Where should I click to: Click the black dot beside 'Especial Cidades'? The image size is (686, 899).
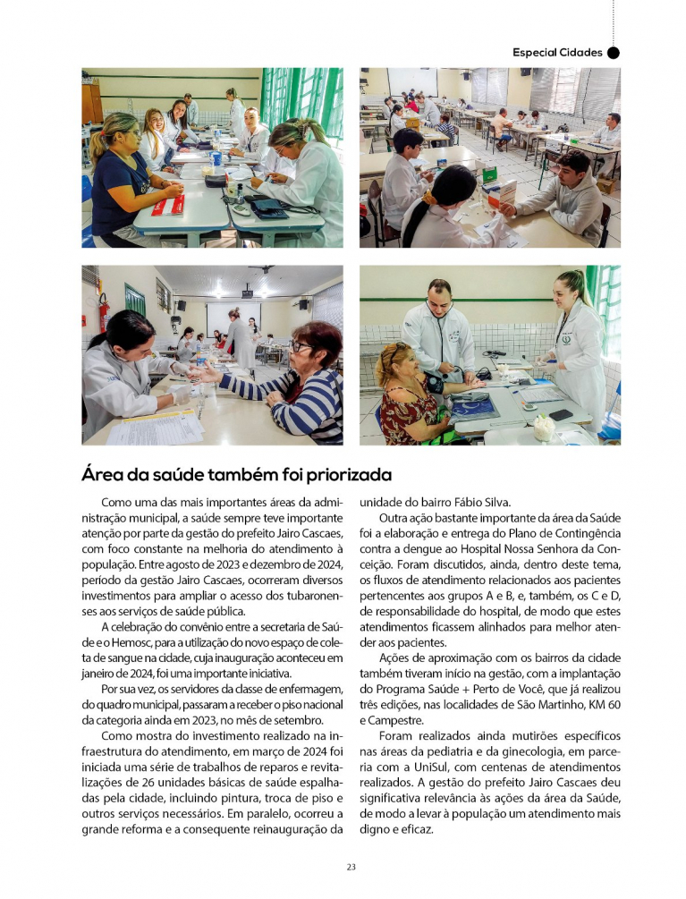(614, 53)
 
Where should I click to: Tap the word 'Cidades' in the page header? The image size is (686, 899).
(580, 53)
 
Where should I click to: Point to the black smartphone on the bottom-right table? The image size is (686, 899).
(561, 415)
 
